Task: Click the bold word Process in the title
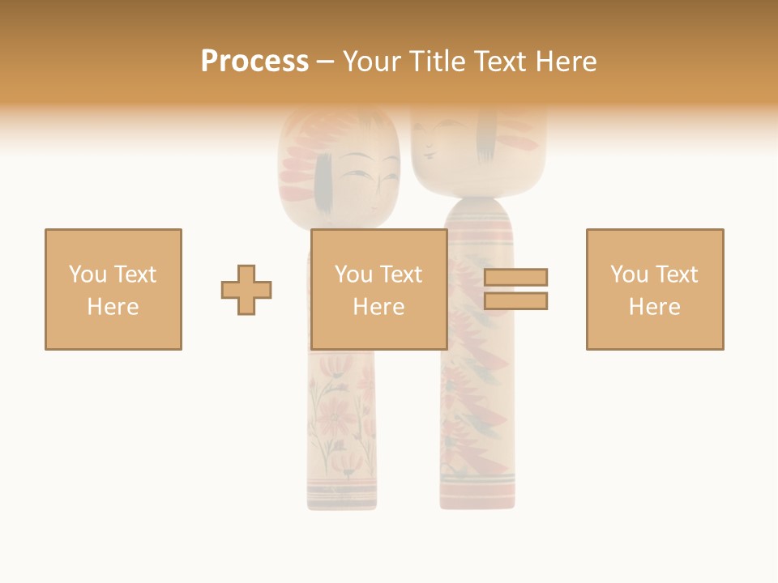[254, 62]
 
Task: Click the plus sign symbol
[246, 290]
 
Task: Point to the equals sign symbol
[515, 289]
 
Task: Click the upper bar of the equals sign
[515, 278]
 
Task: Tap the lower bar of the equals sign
[515, 300]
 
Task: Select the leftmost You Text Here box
[113, 289]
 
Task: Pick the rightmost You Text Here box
[654, 289]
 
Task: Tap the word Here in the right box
[654, 307]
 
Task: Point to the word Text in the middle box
[401, 274]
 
